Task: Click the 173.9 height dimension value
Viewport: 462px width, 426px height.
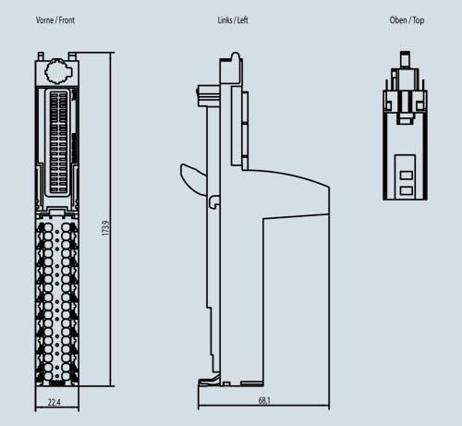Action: point(105,228)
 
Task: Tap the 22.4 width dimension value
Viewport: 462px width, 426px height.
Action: point(55,402)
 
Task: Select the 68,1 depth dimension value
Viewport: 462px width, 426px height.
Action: point(264,401)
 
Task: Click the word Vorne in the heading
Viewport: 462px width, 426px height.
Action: point(44,20)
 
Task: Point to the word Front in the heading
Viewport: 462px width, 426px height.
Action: point(67,20)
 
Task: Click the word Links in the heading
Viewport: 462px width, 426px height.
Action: point(225,20)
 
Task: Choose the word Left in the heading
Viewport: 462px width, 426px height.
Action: point(242,20)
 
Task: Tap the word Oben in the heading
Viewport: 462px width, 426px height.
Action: point(398,20)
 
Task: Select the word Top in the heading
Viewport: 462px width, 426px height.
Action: point(419,20)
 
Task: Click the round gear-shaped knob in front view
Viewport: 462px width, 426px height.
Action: point(58,71)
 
